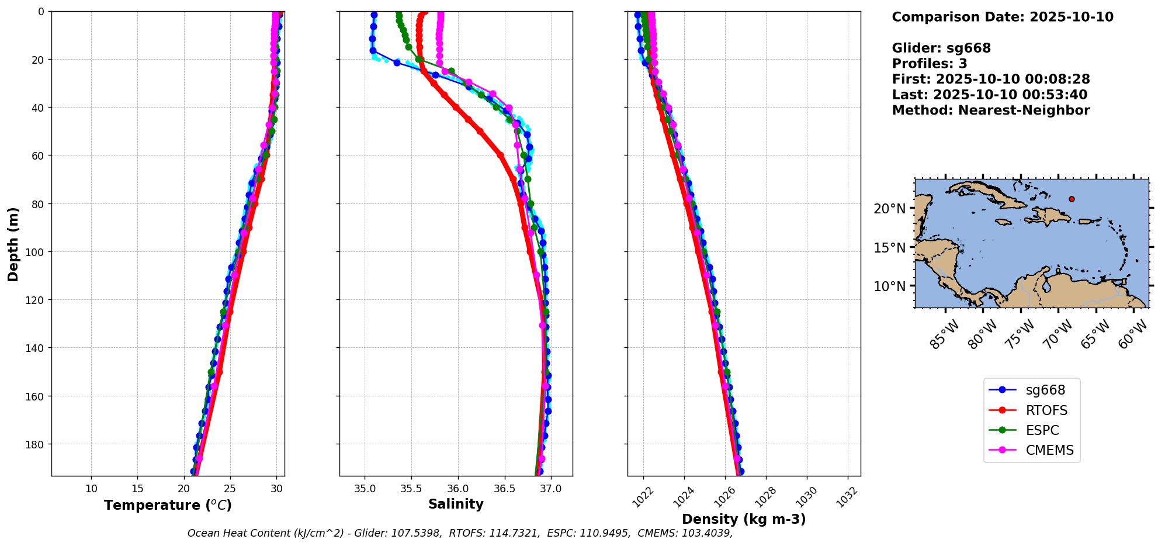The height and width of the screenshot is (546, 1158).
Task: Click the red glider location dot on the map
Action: point(1072,199)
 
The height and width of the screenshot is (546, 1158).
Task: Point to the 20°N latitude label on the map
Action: point(889,209)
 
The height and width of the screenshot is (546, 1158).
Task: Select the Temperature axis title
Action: point(168,505)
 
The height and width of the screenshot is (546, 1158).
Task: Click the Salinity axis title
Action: point(456,504)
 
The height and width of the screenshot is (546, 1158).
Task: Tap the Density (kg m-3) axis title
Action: point(744,519)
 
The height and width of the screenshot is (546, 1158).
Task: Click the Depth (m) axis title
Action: point(13,244)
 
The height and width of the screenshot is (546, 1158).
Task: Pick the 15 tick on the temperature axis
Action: point(137,489)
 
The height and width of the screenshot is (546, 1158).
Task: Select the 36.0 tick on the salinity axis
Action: point(457,489)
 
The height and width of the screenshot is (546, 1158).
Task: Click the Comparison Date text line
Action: point(1003,17)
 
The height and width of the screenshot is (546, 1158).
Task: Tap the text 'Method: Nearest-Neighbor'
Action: point(991,110)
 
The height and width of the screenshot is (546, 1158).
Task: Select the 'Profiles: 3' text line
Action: point(930,64)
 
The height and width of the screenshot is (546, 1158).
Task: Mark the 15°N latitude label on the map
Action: point(889,248)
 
